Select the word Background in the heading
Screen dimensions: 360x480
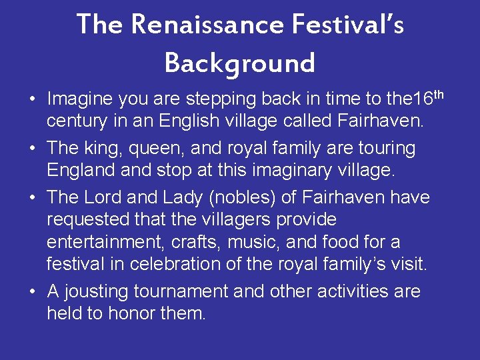pyautogui.click(x=239, y=63)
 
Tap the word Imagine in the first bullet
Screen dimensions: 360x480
pyautogui.click(x=79, y=100)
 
